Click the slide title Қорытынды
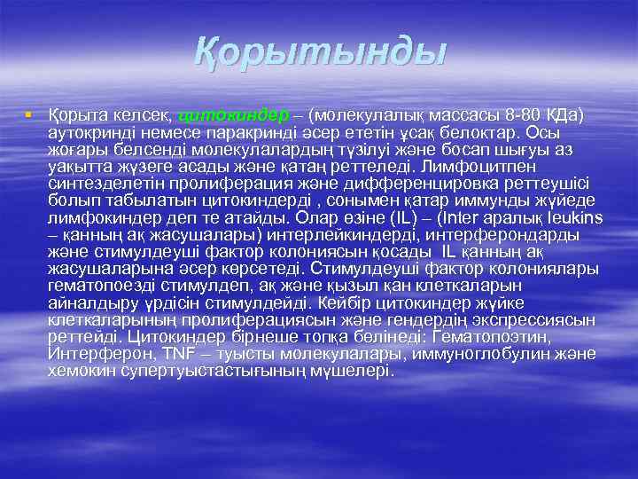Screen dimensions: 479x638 [x=318, y=54]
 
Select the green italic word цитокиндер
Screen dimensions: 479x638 [x=233, y=115]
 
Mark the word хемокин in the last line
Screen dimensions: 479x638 [x=79, y=370]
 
